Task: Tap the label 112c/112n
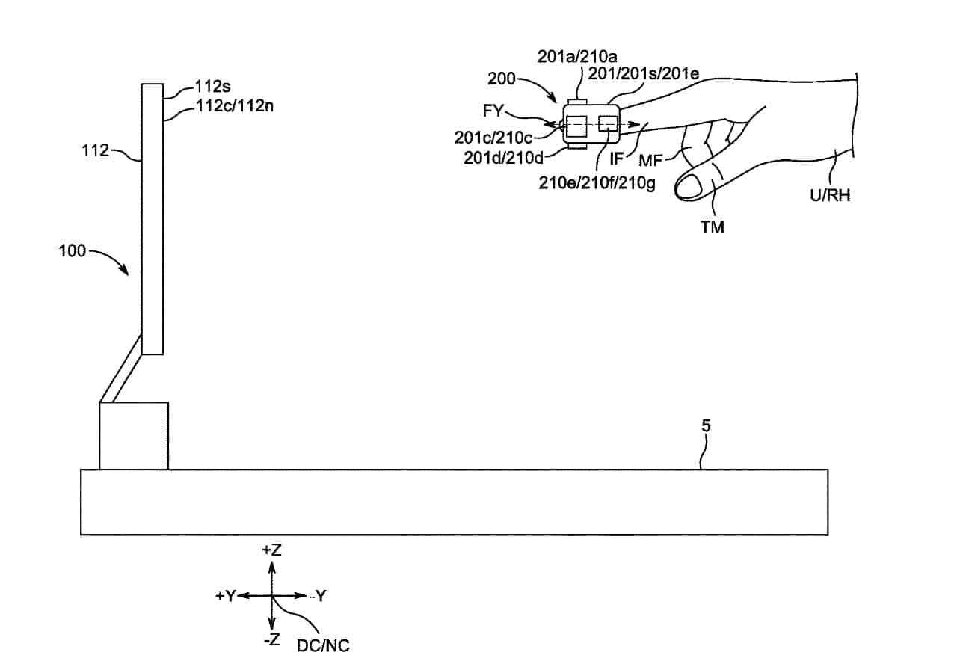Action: pyautogui.click(x=234, y=106)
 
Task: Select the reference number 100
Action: pyautogui.click(x=72, y=250)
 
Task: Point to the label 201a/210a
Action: pyautogui.click(x=577, y=57)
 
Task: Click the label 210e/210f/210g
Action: pyautogui.click(x=597, y=183)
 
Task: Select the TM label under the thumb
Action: pyautogui.click(x=712, y=227)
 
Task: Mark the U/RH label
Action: pyautogui.click(x=830, y=196)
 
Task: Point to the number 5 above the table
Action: pyautogui.click(x=706, y=426)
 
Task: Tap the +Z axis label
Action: pyautogui.click(x=271, y=550)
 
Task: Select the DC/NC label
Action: pyautogui.click(x=323, y=645)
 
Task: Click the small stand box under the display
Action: pyautogui.click(x=134, y=436)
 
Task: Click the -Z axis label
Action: pyautogui.click(x=271, y=641)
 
